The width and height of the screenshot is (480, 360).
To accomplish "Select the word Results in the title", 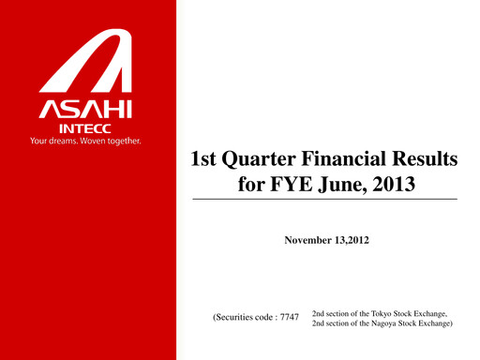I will (427, 160).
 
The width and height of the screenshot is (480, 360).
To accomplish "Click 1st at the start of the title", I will (207, 160).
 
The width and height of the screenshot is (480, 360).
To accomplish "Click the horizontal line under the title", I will (325, 201).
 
